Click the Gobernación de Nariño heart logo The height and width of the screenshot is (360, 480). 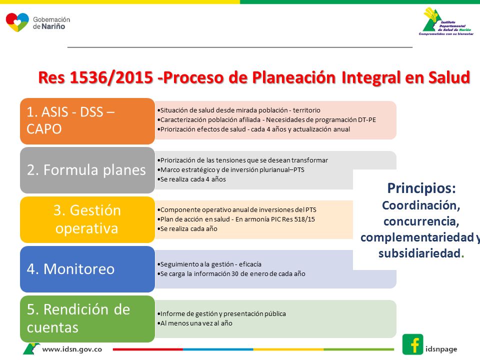[x=17, y=22]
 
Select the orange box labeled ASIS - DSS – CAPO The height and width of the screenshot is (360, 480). [x=87, y=121]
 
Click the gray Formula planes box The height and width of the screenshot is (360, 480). [x=87, y=170]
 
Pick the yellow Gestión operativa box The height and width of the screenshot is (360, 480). [x=87, y=219]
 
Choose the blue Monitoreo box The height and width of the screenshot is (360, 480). [x=87, y=269]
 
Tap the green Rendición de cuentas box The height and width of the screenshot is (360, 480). [x=87, y=318]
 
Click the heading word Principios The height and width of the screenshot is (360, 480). [x=421, y=188]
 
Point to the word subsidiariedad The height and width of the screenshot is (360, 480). [x=419, y=253]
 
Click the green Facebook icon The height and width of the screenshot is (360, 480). [x=412, y=344]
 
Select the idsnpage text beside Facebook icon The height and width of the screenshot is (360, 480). [x=441, y=349]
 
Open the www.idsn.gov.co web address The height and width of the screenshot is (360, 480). [x=72, y=349]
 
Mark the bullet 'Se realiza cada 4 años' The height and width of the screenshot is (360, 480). [x=191, y=179]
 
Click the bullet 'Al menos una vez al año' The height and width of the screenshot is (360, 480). [x=194, y=323]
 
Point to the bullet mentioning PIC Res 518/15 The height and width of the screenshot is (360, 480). [x=236, y=219]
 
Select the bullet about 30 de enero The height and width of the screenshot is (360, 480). [x=231, y=273]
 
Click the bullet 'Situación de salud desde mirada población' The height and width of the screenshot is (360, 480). [x=239, y=110]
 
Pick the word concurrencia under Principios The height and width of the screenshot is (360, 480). [x=421, y=221]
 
